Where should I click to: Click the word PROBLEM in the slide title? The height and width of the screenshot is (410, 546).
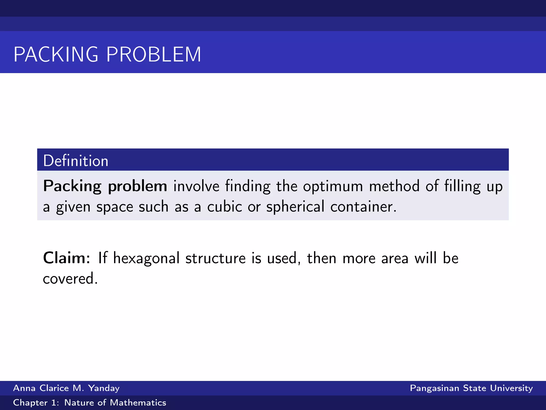(x=154, y=54)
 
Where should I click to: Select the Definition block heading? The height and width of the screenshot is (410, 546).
(x=76, y=161)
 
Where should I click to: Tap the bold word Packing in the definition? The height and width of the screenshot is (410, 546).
(x=72, y=186)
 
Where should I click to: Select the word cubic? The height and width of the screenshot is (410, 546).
(x=225, y=207)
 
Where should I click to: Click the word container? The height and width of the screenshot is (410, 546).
(x=363, y=207)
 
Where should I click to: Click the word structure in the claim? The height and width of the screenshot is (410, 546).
(x=215, y=258)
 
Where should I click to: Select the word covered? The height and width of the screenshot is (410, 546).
(x=70, y=279)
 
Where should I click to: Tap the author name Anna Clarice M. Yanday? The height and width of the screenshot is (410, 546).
(x=66, y=388)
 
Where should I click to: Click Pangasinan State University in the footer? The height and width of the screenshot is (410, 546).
(x=471, y=388)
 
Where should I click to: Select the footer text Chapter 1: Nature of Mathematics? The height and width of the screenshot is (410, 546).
(x=90, y=403)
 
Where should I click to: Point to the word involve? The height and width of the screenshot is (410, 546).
(x=196, y=186)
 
